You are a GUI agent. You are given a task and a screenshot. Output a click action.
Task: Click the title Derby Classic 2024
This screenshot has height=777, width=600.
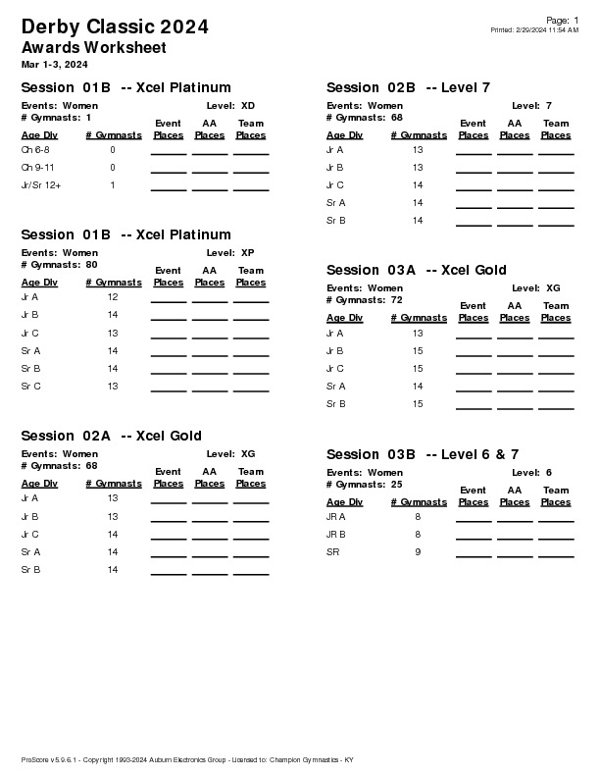(114, 26)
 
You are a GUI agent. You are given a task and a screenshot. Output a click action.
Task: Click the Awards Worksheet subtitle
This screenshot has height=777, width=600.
(93, 47)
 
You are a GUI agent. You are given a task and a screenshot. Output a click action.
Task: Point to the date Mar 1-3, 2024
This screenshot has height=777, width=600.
(54, 64)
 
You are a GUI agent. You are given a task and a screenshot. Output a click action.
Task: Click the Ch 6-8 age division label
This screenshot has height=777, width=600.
(34, 150)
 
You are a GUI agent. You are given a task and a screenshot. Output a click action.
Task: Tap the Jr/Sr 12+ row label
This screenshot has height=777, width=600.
(40, 185)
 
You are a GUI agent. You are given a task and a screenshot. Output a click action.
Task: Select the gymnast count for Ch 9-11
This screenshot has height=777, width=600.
(113, 168)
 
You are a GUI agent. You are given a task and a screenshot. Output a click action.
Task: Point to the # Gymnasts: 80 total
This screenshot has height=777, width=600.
(59, 264)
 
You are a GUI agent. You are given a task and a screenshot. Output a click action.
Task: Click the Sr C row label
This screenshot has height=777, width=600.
(30, 387)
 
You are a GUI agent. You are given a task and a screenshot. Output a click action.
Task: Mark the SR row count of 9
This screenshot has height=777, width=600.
(418, 552)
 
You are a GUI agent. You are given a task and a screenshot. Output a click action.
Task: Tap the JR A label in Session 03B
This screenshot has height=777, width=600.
(335, 516)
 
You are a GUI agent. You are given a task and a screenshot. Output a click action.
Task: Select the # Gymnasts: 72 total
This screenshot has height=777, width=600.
(364, 299)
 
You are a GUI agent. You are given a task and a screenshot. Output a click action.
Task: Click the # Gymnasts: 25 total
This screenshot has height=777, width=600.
(364, 484)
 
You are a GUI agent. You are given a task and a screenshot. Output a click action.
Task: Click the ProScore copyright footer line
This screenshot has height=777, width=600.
(186, 760)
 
